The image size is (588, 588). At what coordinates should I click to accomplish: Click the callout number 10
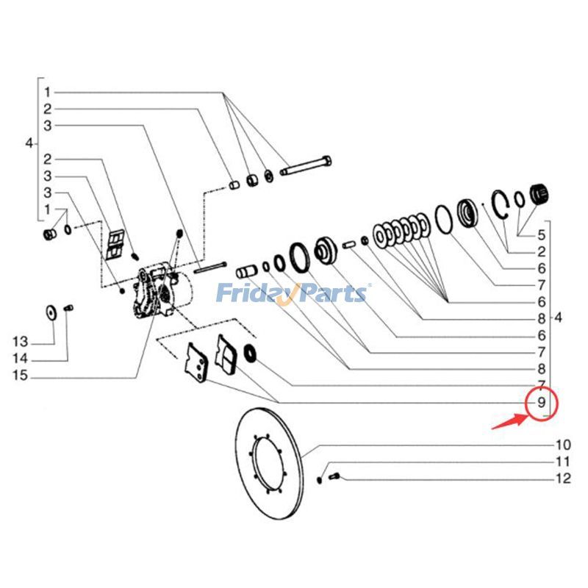[562, 445]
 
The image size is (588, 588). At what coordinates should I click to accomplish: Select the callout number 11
[562, 462]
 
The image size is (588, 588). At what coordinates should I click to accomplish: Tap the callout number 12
[562, 480]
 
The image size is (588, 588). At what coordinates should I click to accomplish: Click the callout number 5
[541, 235]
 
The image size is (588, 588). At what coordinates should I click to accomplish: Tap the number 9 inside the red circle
[542, 403]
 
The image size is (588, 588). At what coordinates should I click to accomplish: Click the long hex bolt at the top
[306, 168]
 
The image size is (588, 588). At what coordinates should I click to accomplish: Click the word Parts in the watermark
[331, 293]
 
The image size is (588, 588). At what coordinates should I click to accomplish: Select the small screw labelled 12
[334, 476]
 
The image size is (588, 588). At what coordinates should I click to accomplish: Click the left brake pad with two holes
[197, 363]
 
